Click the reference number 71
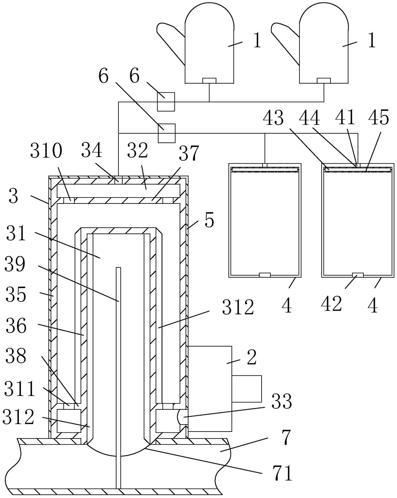(283, 473)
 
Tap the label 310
(46, 151)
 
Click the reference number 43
(273, 118)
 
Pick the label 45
(379, 118)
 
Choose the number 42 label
(331, 304)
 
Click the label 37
(189, 153)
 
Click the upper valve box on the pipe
(166, 102)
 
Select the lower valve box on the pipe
(167, 133)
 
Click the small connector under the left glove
(210, 80)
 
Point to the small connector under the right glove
(324, 80)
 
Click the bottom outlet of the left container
(265, 275)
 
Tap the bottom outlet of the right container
(358, 275)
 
